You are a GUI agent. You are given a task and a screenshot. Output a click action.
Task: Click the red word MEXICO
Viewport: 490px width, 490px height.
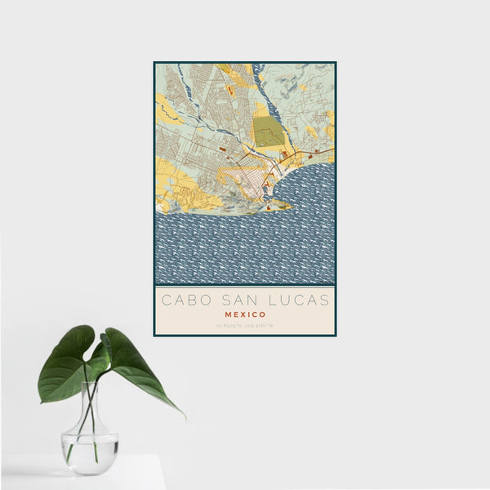click(x=244, y=314)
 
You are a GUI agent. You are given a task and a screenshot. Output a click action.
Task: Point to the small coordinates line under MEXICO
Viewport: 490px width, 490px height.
click(x=244, y=326)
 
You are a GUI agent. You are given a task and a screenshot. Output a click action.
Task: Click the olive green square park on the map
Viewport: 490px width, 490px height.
click(x=269, y=131)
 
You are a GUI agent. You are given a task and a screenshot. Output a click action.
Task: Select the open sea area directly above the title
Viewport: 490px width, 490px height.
click(x=244, y=261)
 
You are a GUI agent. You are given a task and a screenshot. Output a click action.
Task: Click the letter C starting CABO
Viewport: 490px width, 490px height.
click(x=166, y=300)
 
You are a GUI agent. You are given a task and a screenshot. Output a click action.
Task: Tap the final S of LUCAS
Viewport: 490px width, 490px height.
click(x=324, y=300)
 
